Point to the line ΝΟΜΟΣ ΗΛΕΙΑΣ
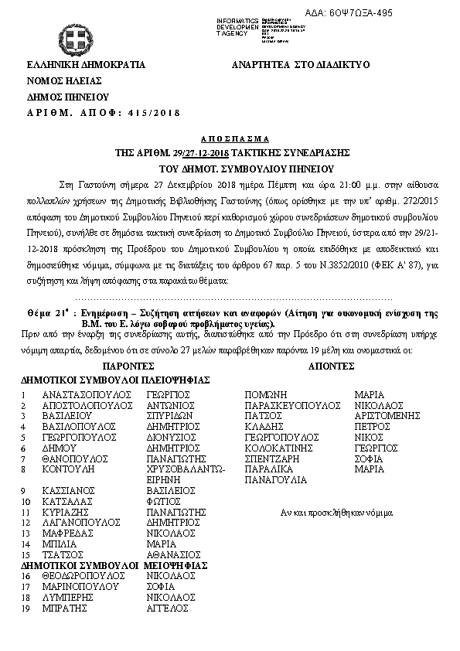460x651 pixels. point(60,81)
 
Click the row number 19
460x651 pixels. point(26,608)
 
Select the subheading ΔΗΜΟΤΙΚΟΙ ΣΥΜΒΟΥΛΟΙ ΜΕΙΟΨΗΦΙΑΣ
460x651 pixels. point(114,565)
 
